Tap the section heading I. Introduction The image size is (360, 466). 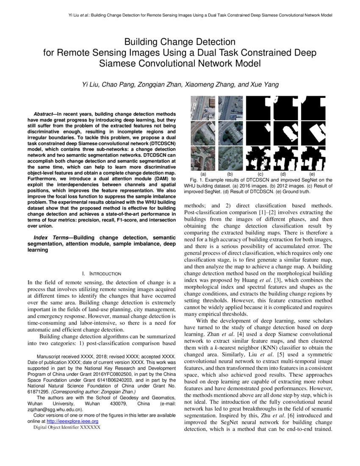click(x=102, y=274)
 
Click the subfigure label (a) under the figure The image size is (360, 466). click(x=203, y=174)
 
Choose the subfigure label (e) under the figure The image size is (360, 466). click(x=312, y=174)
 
